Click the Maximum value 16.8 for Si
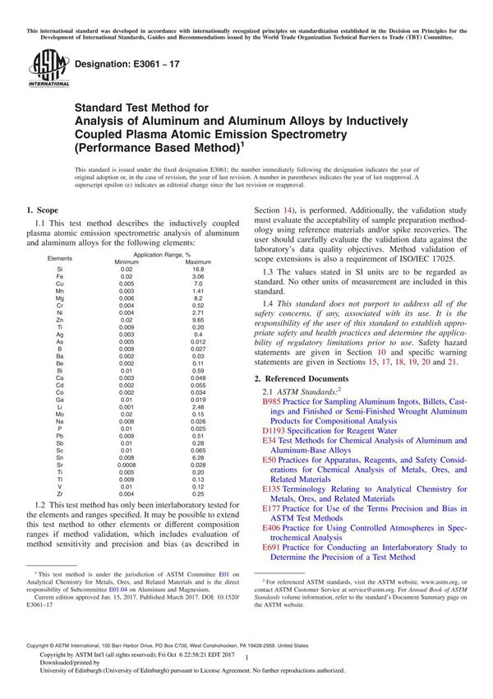click(198, 269)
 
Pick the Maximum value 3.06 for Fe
click(198, 276)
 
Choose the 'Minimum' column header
click(127, 262)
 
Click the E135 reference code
click(271, 488)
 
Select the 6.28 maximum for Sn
click(198, 454)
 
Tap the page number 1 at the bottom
click(246, 658)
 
